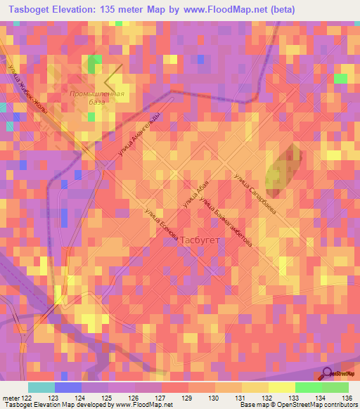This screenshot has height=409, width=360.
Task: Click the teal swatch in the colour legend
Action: click(x=41, y=387)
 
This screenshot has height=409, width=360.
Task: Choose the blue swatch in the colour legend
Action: click(x=67, y=387)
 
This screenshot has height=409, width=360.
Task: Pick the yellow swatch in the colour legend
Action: click(x=281, y=387)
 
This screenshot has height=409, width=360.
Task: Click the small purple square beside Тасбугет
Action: click(x=176, y=240)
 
